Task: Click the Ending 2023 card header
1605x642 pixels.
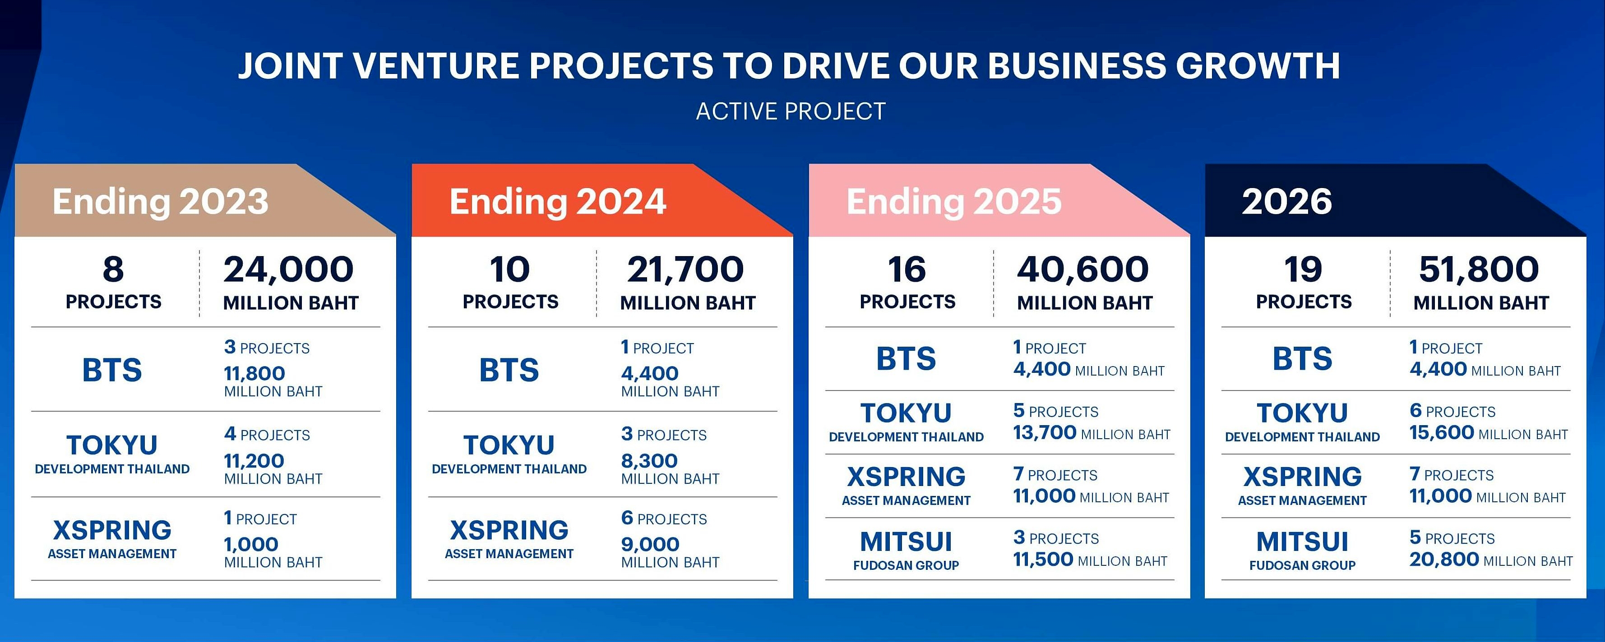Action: pos(160,201)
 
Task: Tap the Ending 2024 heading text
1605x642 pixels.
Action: pos(558,201)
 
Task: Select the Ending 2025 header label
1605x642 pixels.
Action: pos(954,201)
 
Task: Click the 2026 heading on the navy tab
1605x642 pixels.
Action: pos(1286,201)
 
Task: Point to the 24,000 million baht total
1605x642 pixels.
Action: pos(288,269)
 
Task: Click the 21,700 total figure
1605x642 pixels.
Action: pos(685,269)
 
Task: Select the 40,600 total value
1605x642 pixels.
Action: pos(1083,269)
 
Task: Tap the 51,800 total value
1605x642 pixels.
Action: pos(1479,269)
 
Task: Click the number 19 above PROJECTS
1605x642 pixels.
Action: pos(1303,269)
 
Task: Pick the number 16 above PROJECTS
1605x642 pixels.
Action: pos(907,269)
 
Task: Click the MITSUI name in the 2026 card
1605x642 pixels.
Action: pos(1302,542)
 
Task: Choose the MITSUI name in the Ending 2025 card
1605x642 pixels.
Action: pos(906,542)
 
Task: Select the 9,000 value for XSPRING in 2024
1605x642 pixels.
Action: pos(650,544)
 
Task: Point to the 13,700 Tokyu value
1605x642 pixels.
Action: pos(1044,432)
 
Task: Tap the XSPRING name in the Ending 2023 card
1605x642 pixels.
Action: pos(112,530)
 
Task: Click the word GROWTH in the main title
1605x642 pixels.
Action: pos(1258,66)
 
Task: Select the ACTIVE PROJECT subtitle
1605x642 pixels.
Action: pos(791,111)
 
